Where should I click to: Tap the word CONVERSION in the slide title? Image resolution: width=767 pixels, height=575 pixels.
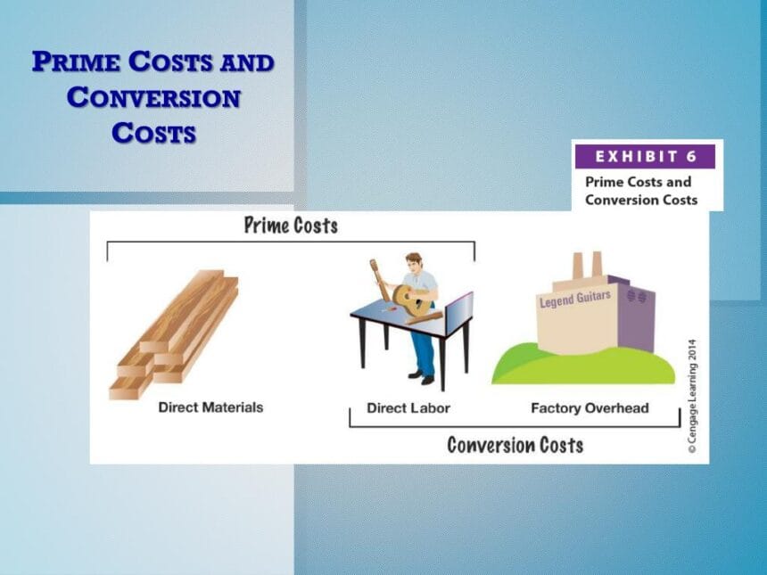(153, 97)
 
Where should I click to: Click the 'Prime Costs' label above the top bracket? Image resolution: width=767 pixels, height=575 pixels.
(291, 225)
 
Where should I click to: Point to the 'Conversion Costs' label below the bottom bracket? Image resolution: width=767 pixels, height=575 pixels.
(515, 444)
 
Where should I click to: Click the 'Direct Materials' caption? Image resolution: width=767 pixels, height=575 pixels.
(210, 407)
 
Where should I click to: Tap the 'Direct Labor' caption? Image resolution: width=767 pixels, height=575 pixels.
(408, 408)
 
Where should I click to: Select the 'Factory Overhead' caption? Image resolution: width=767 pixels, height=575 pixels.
(590, 408)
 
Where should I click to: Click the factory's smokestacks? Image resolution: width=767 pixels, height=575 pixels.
(587, 266)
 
